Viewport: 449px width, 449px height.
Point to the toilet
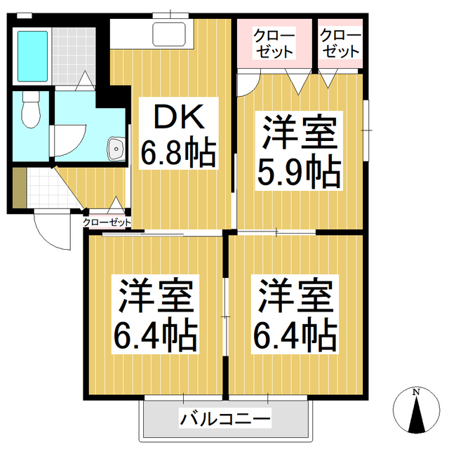(x=29, y=111)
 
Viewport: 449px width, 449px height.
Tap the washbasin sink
(x=115, y=148)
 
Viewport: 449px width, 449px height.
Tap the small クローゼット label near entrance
(x=107, y=222)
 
